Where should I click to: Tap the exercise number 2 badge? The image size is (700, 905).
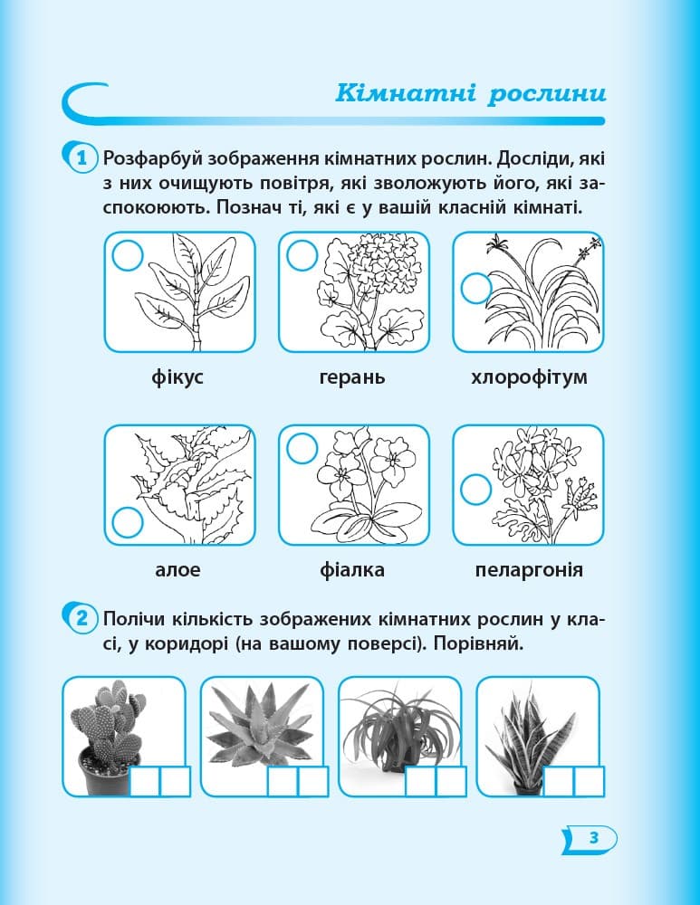pos(81,620)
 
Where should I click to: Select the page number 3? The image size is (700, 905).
pos(594,837)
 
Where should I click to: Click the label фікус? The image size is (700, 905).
pos(178,376)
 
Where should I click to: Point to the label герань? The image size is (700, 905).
pos(352,376)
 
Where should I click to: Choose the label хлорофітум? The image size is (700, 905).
pos(529,376)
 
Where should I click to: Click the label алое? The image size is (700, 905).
pos(177,570)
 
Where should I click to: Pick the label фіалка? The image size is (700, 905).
pos(352,570)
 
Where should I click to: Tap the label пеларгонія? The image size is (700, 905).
pos(529,570)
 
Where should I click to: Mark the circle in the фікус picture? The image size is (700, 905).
pos(127,256)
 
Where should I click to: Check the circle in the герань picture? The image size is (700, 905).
pos(301,256)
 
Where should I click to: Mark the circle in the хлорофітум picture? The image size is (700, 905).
pos(476,289)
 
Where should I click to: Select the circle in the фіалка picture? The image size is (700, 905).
pos(301,448)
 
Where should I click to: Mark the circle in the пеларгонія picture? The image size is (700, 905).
pos(476,490)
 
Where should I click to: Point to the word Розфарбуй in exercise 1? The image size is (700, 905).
pos(156,159)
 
